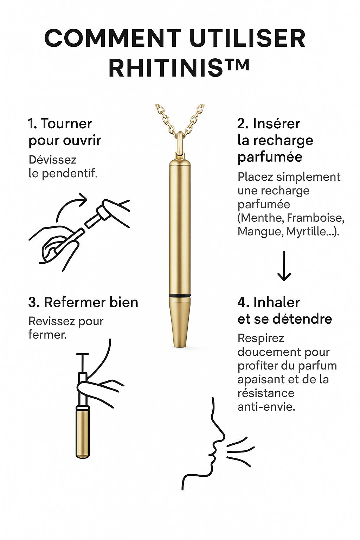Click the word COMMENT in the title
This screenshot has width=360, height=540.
112,38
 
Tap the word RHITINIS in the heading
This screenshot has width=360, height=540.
166,68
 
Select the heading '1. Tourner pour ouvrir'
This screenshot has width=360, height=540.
65,132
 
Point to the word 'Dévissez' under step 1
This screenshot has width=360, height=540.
52,160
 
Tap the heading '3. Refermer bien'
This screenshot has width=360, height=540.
83,302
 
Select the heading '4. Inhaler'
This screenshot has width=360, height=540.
269,302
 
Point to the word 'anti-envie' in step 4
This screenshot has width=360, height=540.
266,407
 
